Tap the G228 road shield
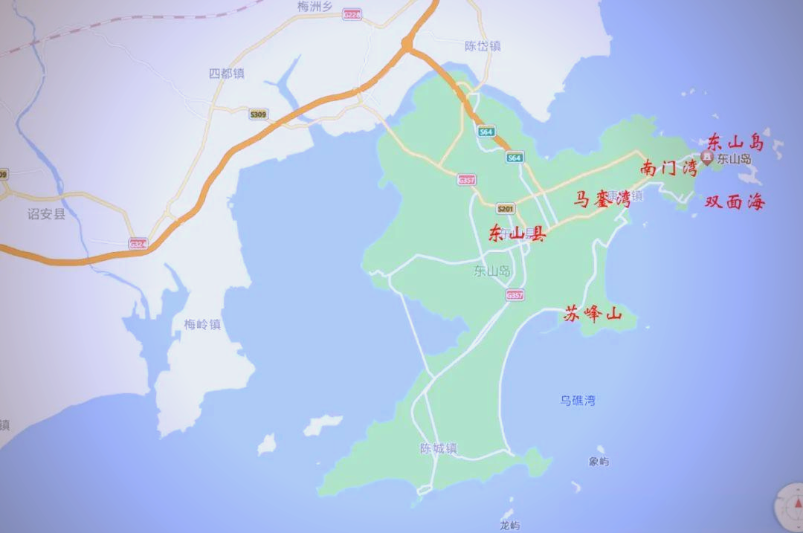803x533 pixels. pos(352,14)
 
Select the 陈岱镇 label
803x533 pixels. pos(483,46)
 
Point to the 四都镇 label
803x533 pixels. pos(227,74)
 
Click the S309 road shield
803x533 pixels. pos(258,114)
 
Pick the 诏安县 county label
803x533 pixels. pos(46,214)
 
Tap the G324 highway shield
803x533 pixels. pos(138,243)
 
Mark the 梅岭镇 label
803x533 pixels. pos(202,324)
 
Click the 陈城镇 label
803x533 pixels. pos(438,448)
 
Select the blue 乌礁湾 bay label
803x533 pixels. pos(578,401)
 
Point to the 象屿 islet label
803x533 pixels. pos(599,462)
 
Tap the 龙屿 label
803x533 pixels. pos(509,526)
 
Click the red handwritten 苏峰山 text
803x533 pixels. pos(592,314)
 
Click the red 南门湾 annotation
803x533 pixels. pos(668,168)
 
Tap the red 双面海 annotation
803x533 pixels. pos(734,201)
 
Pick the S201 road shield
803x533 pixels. pos(506,209)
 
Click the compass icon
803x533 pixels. pos(790,507)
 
